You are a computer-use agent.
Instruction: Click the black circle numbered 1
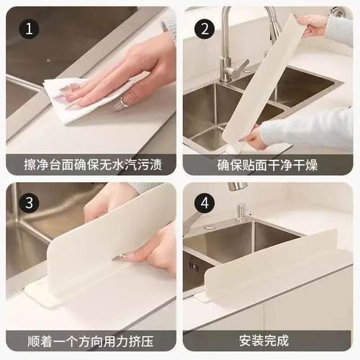(x=30, y=30)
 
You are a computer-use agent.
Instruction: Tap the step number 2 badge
(x=206, y=30)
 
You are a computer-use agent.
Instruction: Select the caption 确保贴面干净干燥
(x=267, y=165)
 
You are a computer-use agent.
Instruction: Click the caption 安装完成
(x=267, y=339)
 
